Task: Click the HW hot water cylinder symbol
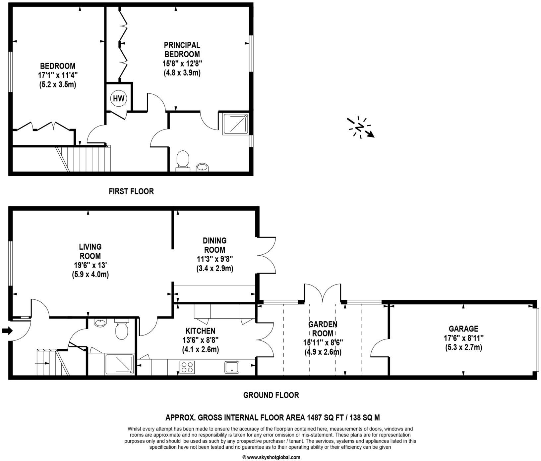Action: pos(119,98)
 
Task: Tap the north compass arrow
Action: pos(361,127)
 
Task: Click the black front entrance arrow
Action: pos(7,331)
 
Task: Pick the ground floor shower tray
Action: pos(120,364)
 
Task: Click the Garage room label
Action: pos(463,329)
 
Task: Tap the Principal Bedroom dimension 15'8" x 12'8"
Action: pos(182,63)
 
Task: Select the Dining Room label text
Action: pos(214,245)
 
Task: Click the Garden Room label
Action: pos(323,329)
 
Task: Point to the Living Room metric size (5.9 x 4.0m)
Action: pos(90,274)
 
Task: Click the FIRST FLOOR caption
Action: pos(131,191)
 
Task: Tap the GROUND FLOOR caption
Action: pos(271,395)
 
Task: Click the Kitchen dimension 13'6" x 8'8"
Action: pos(200,340)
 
